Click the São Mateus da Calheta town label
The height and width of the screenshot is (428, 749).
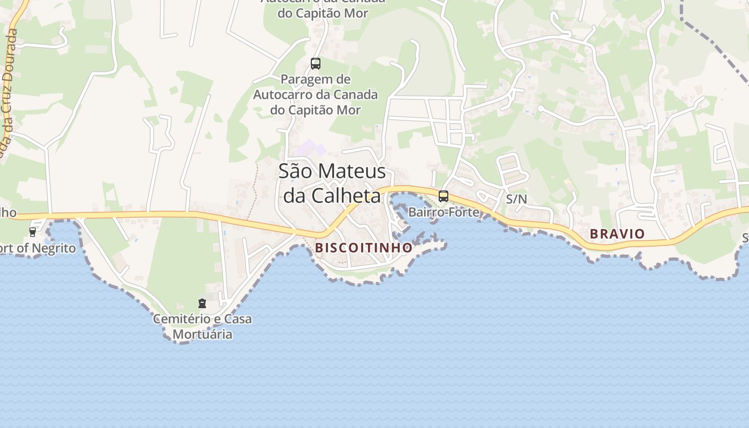coord(332,183)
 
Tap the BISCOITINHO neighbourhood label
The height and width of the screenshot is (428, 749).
coord(364,248)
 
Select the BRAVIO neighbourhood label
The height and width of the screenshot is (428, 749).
coord(617,234)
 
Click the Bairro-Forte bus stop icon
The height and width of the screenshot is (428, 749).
coord(443,196)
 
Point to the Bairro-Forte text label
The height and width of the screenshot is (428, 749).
coord(444,212)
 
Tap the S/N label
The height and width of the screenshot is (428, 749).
coord(516,199)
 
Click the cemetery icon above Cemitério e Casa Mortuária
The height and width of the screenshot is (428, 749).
coord(202,303)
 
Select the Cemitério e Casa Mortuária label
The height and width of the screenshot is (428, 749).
coord(202,326)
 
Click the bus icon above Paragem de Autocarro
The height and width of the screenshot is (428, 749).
coord(316,64)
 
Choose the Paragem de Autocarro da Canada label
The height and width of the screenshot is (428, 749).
coord(316,95)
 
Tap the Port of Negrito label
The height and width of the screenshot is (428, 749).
coord(37,248)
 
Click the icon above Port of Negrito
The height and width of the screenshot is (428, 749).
coord(33,232)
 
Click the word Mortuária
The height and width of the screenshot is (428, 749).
coord(202,334)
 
